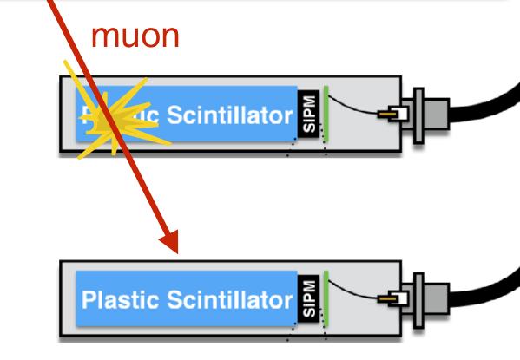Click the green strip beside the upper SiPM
click(x=325, y=112)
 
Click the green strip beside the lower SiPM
click(x=325, y=298)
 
